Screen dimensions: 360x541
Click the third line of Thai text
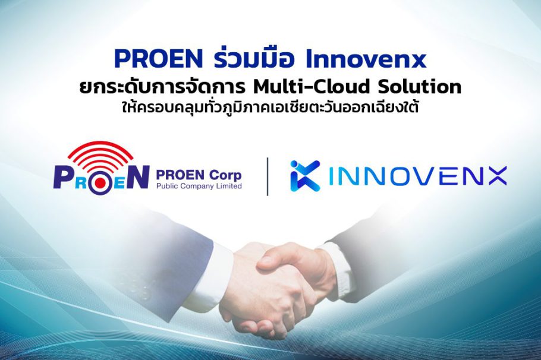pyautogui.click(x=270, y=110)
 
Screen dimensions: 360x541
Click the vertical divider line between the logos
pyautogui.click(x=268, y=176)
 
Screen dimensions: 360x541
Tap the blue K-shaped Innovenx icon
pyautogui.click(x=305, y=176)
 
